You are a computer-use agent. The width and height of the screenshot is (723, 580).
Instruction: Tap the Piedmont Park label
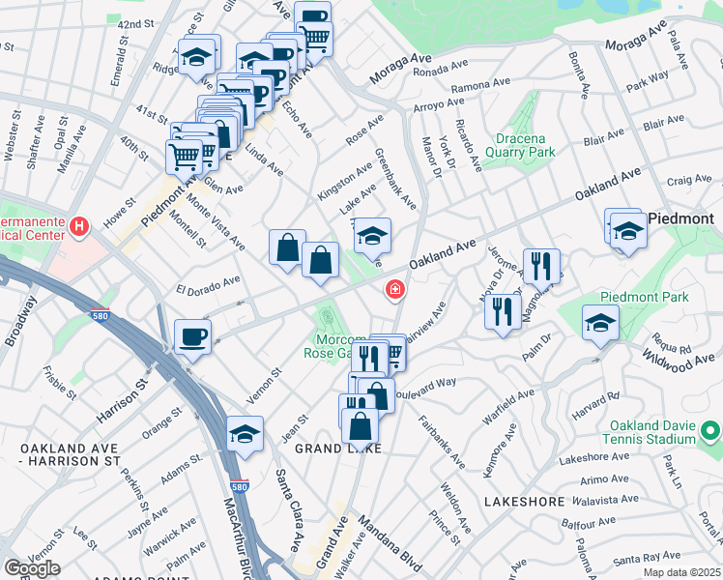coord(644,297)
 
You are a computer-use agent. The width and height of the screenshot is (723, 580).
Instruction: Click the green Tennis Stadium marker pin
coord(711,429)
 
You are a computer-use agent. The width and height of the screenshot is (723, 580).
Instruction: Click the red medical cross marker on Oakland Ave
coord(394,289)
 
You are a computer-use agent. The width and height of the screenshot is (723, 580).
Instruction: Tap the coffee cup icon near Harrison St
coord(192,336)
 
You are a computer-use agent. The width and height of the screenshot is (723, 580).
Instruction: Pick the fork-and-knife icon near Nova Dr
coord(502,313)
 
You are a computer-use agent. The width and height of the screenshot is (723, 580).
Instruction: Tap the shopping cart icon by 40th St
coord(185,156)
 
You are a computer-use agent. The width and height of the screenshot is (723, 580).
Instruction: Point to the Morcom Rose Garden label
coord(340,347)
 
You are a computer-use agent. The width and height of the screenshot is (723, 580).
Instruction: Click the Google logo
coord(32,568)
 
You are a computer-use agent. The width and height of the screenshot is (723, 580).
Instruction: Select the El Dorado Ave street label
coord(207,285)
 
